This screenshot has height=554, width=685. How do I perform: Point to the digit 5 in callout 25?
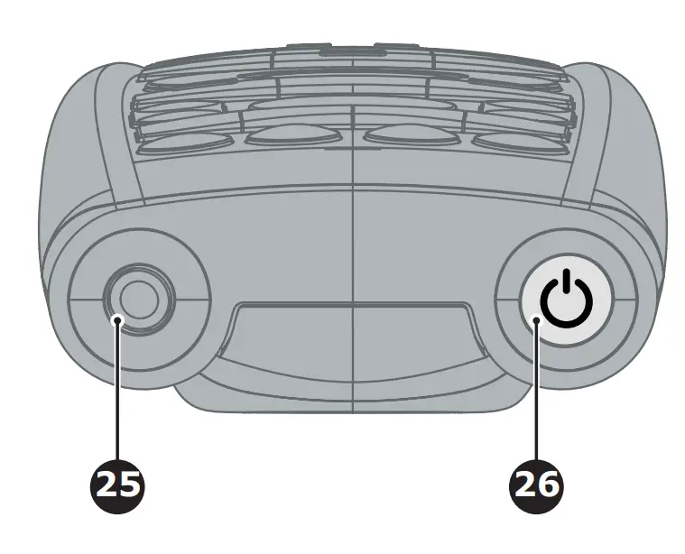[130, 484]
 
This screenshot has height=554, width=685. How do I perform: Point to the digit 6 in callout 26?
[549, 484]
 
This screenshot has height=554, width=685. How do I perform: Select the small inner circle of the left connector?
[137, 297]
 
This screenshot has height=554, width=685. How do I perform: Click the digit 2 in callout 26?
[525, 484]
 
